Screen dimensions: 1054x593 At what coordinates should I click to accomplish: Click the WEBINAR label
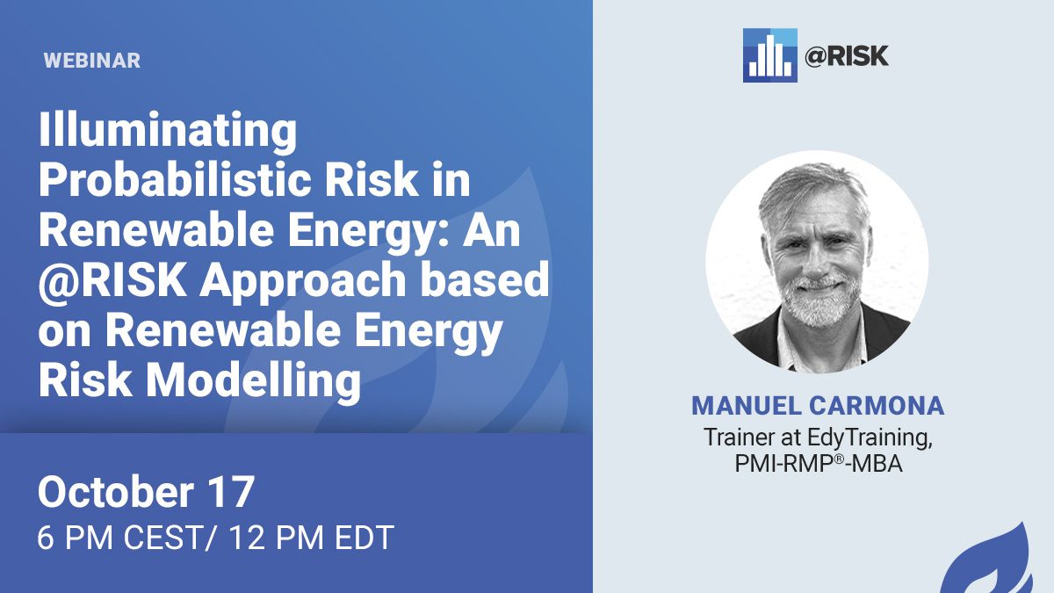pos(92,61)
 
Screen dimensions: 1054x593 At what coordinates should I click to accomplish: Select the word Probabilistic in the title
pos(175,181)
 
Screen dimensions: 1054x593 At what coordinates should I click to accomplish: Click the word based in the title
pos(485,280)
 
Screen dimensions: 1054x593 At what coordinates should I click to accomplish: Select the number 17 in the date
pos(232,492)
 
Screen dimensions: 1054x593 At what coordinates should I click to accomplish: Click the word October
pos(116,492)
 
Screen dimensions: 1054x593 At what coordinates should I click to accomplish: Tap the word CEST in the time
pos(162,538)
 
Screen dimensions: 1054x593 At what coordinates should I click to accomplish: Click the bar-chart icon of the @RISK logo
pos(769,55)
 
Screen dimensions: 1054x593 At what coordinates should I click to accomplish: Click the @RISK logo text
pos(847,56)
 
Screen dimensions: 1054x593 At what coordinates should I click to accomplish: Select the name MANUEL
pos(747,406)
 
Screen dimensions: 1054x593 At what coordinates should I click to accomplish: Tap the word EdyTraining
pos(870,438)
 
